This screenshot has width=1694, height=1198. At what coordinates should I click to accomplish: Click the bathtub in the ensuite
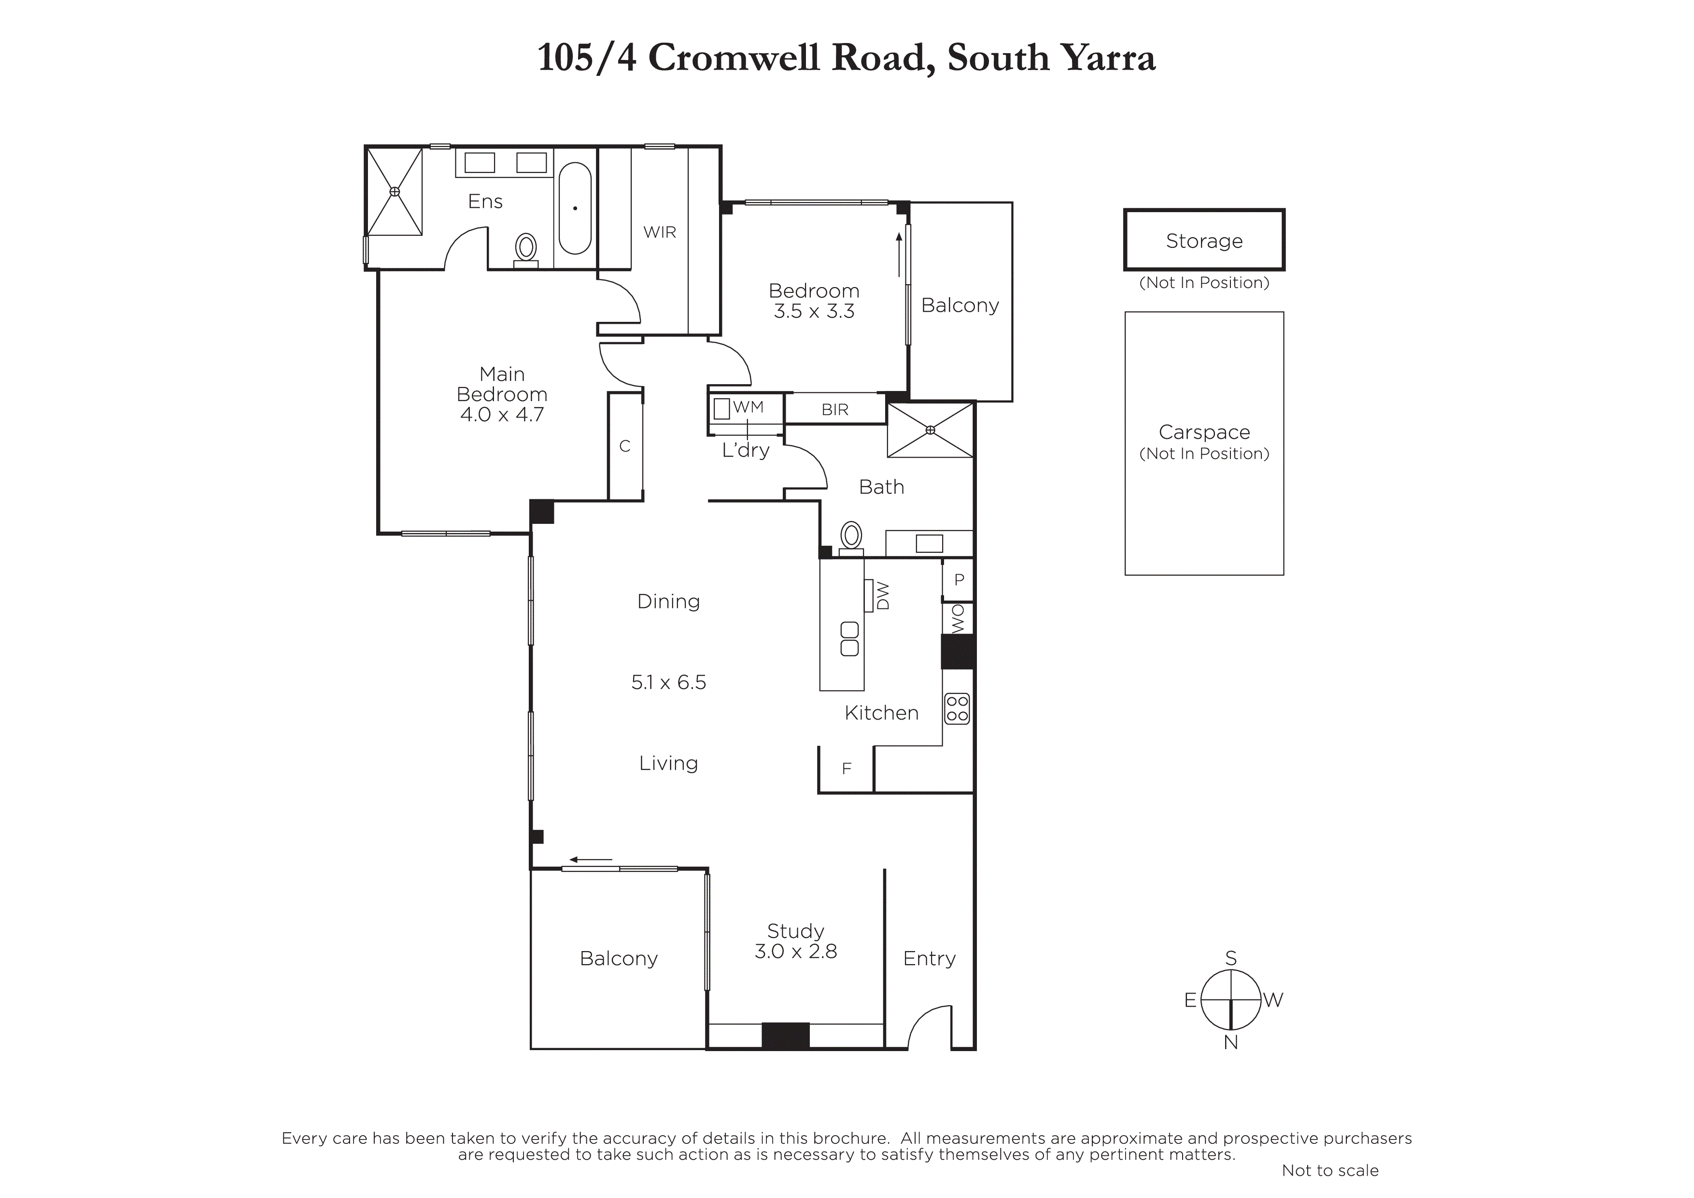click(575, 208)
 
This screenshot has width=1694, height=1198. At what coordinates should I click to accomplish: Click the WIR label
click(660, 232)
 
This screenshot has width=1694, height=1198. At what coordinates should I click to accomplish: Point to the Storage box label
click(1204, 241)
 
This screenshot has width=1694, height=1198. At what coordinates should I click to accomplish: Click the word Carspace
click(1204, 432)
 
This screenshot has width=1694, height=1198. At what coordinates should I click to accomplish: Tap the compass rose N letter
click(1230, 1042)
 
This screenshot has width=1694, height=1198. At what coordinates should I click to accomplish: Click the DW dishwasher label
click(883, 596)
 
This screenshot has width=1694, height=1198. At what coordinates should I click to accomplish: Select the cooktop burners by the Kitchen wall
click(957, 708)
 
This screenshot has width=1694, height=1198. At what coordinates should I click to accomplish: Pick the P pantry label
click(959, 580)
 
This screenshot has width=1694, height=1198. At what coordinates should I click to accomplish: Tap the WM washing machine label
click(748, 407)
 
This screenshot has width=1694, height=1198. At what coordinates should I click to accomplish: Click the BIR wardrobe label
click(835, 410)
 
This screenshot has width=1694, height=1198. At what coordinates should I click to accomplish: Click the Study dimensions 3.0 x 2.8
click(795, 952)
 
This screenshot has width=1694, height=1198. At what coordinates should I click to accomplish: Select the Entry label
click(929, 958)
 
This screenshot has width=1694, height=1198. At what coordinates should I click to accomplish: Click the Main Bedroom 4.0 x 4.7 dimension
click(502, 415)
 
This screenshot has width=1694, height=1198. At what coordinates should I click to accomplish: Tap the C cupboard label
click(625, 447)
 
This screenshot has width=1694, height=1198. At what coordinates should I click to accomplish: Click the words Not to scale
click(1330, 1170)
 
